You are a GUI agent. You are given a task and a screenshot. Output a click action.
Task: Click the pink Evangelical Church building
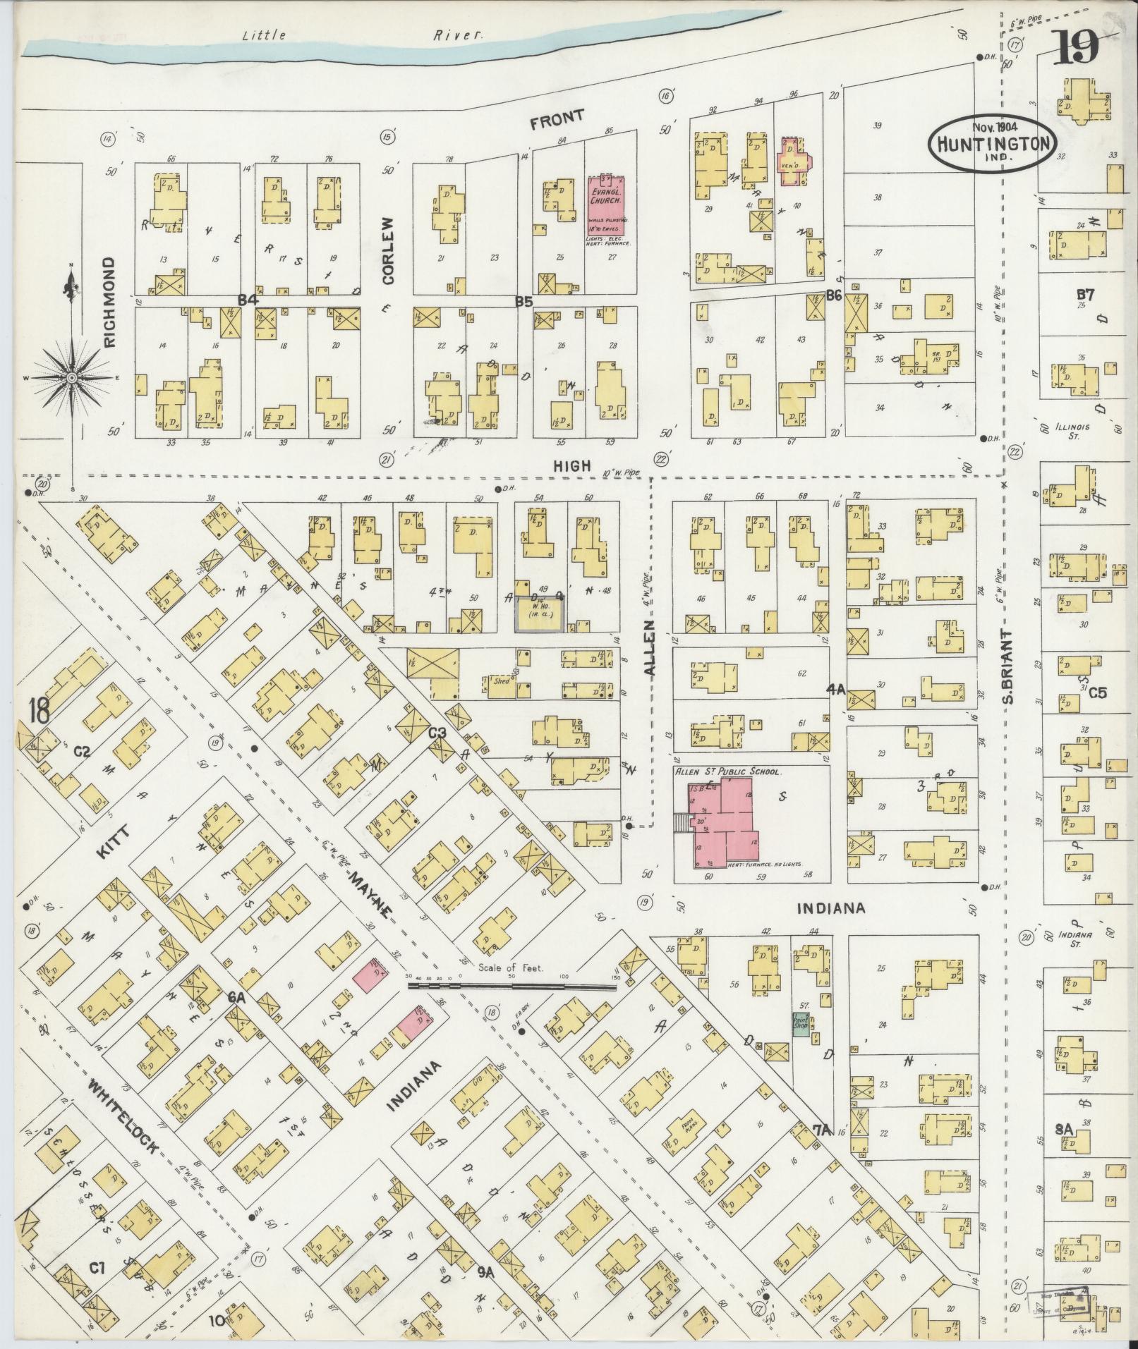[x=605, y=210]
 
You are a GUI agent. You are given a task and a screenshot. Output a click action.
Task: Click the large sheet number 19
[x=1079, y=50]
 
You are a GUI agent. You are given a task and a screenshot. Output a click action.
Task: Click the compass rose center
[x=72, y=379]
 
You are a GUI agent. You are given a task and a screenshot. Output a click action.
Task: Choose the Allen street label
[x=650, y=649]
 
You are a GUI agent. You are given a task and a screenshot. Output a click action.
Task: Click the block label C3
[x=438, y=733]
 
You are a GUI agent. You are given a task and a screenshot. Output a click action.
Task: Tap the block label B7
[x=1084, y=295]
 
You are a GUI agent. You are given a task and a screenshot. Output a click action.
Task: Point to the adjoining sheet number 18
[x=40, y=711]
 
